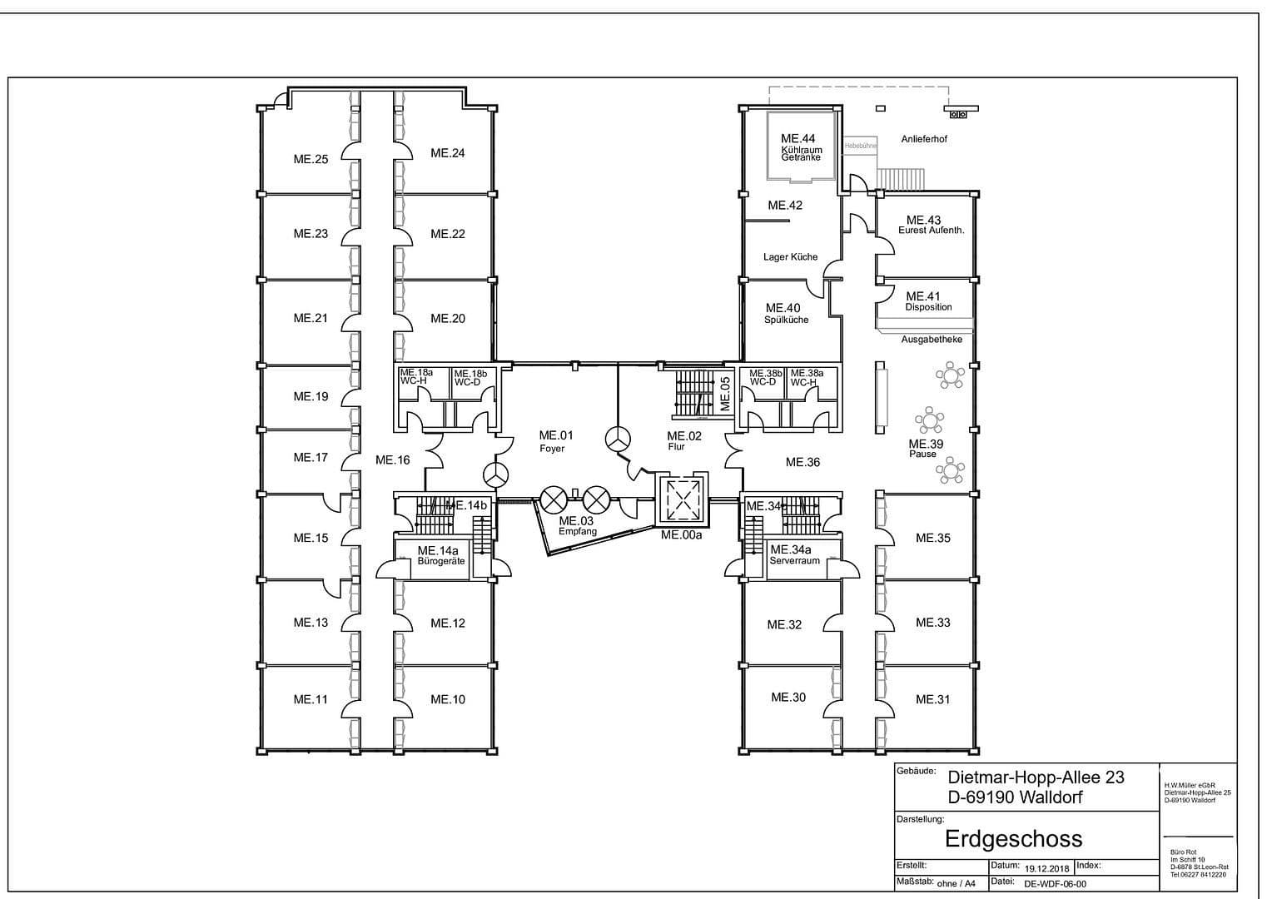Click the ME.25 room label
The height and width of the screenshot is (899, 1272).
311,159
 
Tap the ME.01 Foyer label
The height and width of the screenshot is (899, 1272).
555,440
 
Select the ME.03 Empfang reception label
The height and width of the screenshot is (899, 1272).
577,525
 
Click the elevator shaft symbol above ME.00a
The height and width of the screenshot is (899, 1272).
682,499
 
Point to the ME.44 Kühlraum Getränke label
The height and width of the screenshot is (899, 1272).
800,147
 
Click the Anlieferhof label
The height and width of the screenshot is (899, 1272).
924,139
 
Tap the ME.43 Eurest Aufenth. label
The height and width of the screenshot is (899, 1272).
930,225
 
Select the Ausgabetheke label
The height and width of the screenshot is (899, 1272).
932,340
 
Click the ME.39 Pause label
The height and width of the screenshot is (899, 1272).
925,448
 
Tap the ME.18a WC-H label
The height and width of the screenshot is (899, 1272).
416,376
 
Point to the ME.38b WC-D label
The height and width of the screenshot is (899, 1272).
765,377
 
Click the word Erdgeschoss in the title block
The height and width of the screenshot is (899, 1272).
1013,837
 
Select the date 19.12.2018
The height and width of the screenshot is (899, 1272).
1047,868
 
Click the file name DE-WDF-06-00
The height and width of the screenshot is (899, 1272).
1055,885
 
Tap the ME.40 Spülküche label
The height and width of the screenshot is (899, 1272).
785,313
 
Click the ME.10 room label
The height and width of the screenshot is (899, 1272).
448,699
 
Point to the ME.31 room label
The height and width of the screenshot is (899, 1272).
932,699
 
